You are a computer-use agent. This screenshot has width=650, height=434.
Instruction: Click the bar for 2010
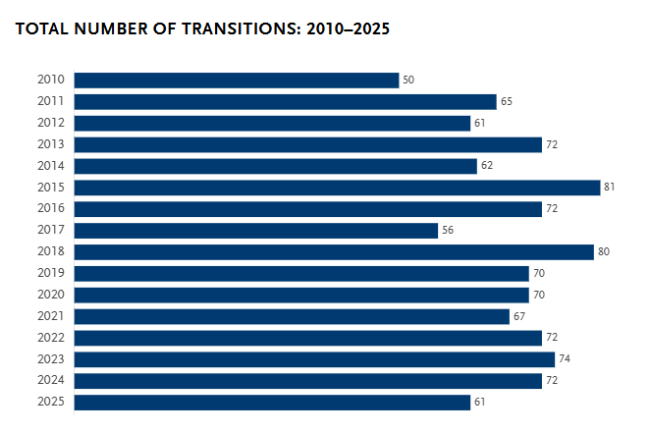236,80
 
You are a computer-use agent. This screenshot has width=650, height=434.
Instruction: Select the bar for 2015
337,188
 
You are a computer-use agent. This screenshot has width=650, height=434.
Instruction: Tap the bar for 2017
255,231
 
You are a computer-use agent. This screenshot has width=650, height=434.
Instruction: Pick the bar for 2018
334,252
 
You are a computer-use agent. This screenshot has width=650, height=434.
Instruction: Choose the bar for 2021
292,316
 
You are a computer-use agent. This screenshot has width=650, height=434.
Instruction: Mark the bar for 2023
314,359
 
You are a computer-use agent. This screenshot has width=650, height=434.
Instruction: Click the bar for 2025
272,402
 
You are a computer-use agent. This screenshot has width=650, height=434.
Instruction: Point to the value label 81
610,188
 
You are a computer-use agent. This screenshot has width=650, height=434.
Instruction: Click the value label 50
408,80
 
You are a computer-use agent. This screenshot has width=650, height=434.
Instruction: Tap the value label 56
448,231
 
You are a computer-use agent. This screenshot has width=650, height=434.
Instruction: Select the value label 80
604,252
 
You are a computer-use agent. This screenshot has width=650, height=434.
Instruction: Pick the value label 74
565,359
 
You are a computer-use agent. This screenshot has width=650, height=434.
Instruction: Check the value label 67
519,316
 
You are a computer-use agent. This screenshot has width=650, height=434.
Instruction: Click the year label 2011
50,101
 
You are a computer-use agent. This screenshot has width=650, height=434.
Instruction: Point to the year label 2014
50,166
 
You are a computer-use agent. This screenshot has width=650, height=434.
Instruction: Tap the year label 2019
50,273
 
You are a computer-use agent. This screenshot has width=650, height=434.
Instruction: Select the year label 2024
50,381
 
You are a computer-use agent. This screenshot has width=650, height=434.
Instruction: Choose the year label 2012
50,123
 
